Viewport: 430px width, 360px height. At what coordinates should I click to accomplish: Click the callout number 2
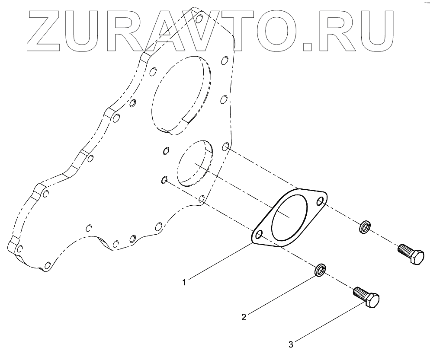[x=244, y=317]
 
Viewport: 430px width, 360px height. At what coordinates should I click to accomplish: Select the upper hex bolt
[x=411, y=255]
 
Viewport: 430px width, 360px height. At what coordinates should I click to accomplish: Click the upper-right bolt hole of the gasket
[x=321, y=201]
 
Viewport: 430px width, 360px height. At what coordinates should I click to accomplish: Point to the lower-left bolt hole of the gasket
[x=259, y=235]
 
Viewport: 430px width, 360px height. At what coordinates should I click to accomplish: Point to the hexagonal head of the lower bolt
[x=372, y=299]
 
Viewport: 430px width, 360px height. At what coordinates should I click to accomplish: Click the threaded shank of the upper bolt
[x=403, y=249]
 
